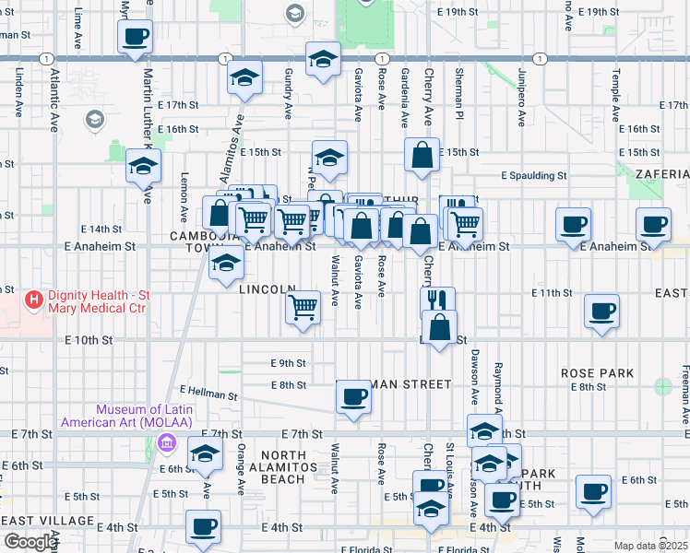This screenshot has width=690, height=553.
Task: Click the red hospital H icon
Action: click(x=34, y=300)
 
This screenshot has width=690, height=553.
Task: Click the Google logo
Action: click(x=30, y=542)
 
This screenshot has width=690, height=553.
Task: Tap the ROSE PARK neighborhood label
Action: click(x=597, y=373)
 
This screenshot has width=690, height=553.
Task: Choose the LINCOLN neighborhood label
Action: click(x=267, y=289)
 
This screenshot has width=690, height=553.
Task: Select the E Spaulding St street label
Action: click(x=533, y=175)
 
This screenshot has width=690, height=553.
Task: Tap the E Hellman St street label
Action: click(x=209, y=393)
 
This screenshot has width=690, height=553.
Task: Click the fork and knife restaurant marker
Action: click(x=437, y=301)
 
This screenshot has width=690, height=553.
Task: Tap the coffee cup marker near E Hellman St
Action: click(x=353, y=397)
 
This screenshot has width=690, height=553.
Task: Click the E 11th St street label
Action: click(x=552, y=292)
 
